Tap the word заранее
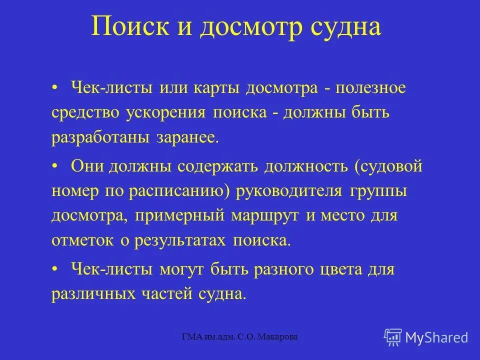(189, 137)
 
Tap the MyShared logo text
(437, 337)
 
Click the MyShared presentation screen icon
(393, 336)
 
